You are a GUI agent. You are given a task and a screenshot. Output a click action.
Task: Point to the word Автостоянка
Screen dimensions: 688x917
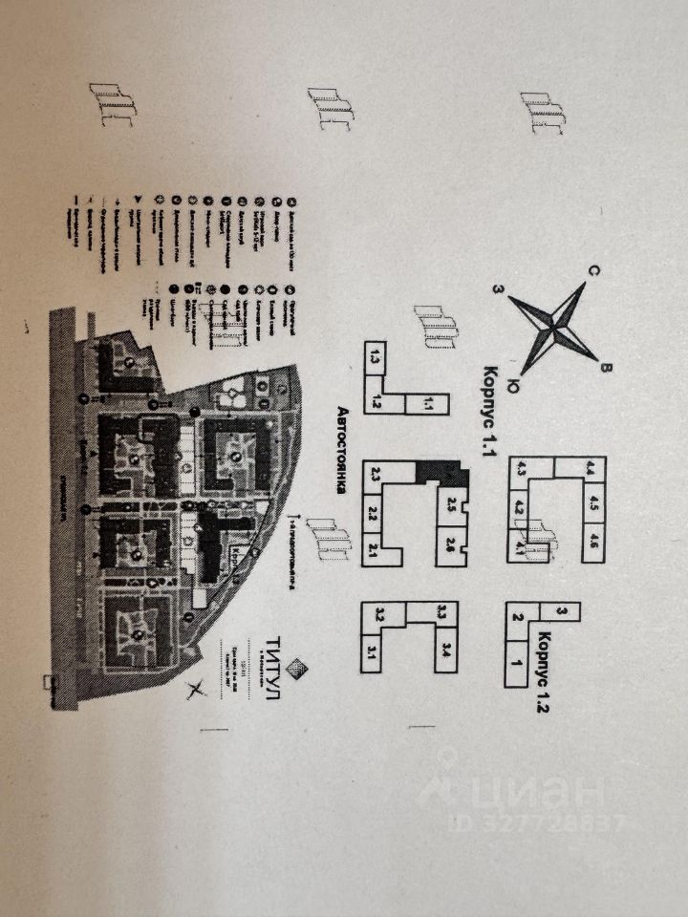pyautogui.click(x=340, y=449)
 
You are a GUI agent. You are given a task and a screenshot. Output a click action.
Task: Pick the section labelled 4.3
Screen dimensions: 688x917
pyautogui.click(x=521, y=469)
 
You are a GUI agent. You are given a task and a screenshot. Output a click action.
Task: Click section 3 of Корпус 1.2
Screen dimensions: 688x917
pyautogui.click(x=562, y=610)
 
